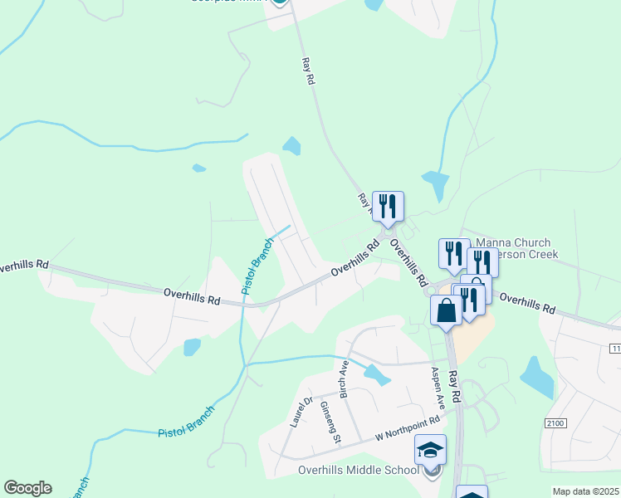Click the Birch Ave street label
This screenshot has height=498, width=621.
click(x=343, y=378)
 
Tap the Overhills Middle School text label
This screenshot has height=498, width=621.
click(x=359, y=471)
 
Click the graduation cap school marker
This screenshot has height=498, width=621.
click(x=430, y=451)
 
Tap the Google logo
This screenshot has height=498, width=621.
click(x=27, y=488)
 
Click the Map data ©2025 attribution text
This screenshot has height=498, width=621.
click(x=584, y=491)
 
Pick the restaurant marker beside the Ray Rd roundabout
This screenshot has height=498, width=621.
click(x=388, y=206)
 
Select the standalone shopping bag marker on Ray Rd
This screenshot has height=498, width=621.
click(x=446, y=311)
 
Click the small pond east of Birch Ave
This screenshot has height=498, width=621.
click(x=376, y=375)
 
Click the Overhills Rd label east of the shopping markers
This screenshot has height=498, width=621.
click(x=527, y=303)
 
